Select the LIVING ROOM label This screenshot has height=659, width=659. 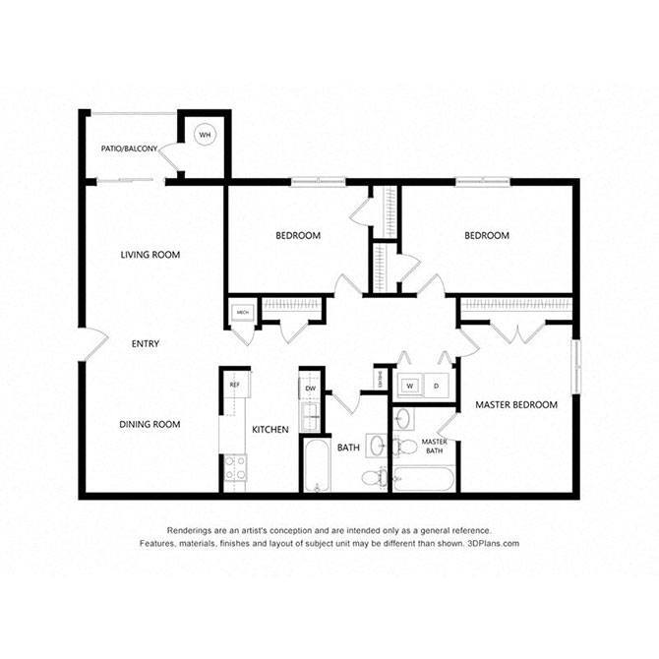pos(150,255)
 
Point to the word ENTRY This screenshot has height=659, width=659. pos(146,343)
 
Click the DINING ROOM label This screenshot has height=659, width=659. pos(150,424)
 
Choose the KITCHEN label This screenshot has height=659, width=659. pos(270,430)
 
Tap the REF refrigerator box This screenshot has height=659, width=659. pos(235,385)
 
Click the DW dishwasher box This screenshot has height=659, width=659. pos(310,389)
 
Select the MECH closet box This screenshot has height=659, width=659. pos(241,313)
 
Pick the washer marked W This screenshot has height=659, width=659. pos(409,386)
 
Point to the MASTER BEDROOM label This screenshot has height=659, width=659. pos(516,404)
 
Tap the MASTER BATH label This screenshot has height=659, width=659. pos(435,446)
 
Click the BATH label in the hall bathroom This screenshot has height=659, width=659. pos(348,448)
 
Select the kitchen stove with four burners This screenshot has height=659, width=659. pos(235,469)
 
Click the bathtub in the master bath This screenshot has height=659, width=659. pos(423,481)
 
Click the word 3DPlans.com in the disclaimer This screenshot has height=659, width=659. pos(488,543)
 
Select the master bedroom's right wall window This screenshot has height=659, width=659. pos(577,364)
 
